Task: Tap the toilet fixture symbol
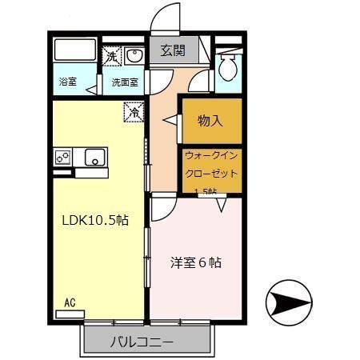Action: click(228, 67)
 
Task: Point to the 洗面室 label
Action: click(124, 82)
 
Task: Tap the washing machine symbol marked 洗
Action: click(111, 56)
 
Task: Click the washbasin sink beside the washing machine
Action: click(133, 56)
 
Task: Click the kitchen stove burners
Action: click(63, 157)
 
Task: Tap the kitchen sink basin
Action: click(95, 157)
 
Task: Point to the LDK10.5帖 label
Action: click(95, 219)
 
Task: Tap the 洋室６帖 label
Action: click(195, 262)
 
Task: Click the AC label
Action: click(70, 302)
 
